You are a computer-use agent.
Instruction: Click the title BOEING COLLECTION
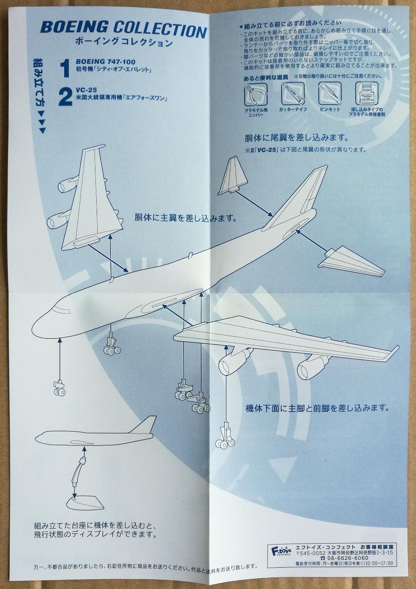[x=123, y=30]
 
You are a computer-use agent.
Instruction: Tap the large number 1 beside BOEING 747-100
[x=65, y=69]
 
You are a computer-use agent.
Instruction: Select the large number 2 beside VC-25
[x=65, y=97]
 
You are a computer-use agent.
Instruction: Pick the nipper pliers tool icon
[x=256, y=94]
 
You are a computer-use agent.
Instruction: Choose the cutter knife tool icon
[x=292, y=94]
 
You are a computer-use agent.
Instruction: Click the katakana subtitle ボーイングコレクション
[x=123, y=42]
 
